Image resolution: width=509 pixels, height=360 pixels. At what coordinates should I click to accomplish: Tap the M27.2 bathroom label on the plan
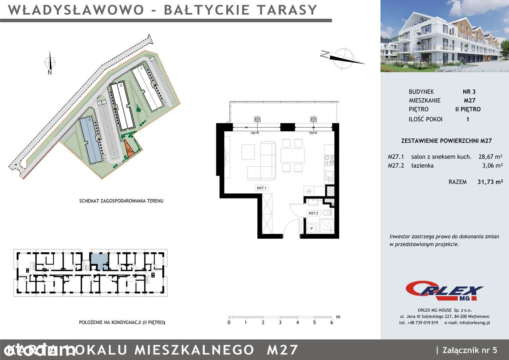pos(314,213)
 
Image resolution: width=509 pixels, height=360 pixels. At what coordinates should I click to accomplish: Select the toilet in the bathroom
pos(325,213)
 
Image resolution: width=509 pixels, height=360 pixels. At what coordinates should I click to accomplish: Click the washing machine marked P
pos(312,229)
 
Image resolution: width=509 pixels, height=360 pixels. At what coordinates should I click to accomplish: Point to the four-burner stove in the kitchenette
pos(329,160)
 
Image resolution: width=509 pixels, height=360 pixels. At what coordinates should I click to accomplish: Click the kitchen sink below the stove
pos(329,176)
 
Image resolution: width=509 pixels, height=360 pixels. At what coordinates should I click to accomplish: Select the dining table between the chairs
pos(293,155)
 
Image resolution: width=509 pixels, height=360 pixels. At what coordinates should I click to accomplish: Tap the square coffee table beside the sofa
pos(248,152)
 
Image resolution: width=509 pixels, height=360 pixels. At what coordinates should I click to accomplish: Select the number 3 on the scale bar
pos(280,323)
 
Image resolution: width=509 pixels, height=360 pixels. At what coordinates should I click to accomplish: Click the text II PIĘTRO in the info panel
pos(468,109)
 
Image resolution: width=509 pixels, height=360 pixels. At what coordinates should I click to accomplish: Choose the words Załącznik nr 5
pos(469,350)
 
